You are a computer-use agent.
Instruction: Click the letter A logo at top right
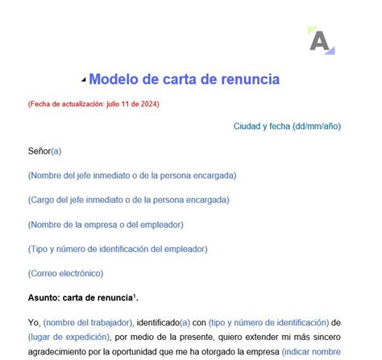(320, 40)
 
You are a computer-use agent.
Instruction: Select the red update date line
(93, 104)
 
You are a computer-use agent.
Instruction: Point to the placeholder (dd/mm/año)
(317, 126)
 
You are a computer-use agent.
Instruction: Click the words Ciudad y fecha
(261, 126)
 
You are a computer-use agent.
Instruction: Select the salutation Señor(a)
(44, 151)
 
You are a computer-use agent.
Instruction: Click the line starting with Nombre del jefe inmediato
(132, 176)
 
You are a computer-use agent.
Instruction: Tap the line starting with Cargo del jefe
(128, 200)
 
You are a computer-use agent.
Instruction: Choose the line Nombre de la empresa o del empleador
(106, 225)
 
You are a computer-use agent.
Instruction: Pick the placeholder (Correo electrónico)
(65, 274)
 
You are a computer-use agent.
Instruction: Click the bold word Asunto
(45, 298)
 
